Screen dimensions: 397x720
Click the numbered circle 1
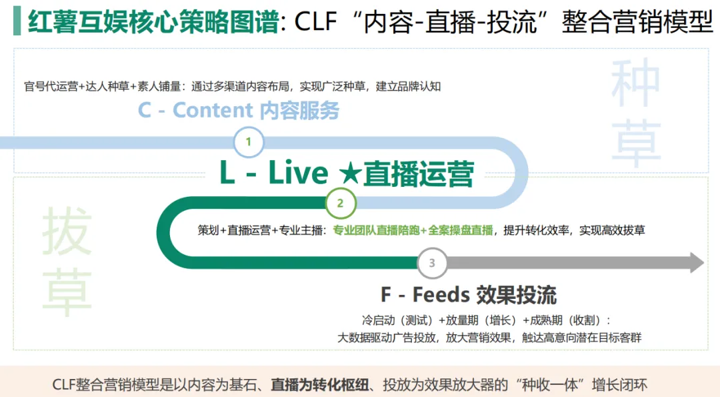249,142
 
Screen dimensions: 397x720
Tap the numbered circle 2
340,203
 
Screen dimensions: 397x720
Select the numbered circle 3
432,263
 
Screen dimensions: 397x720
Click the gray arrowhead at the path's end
697,263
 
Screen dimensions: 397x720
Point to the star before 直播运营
349,173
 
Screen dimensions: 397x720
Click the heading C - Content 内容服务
239,110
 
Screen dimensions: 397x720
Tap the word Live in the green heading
298,173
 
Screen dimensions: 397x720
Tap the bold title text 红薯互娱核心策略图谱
153,21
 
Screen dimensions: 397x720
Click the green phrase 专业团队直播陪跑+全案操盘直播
413,230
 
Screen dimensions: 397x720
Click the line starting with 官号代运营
232,86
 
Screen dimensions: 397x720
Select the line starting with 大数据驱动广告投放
490,337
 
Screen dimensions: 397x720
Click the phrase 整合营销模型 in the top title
637,21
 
